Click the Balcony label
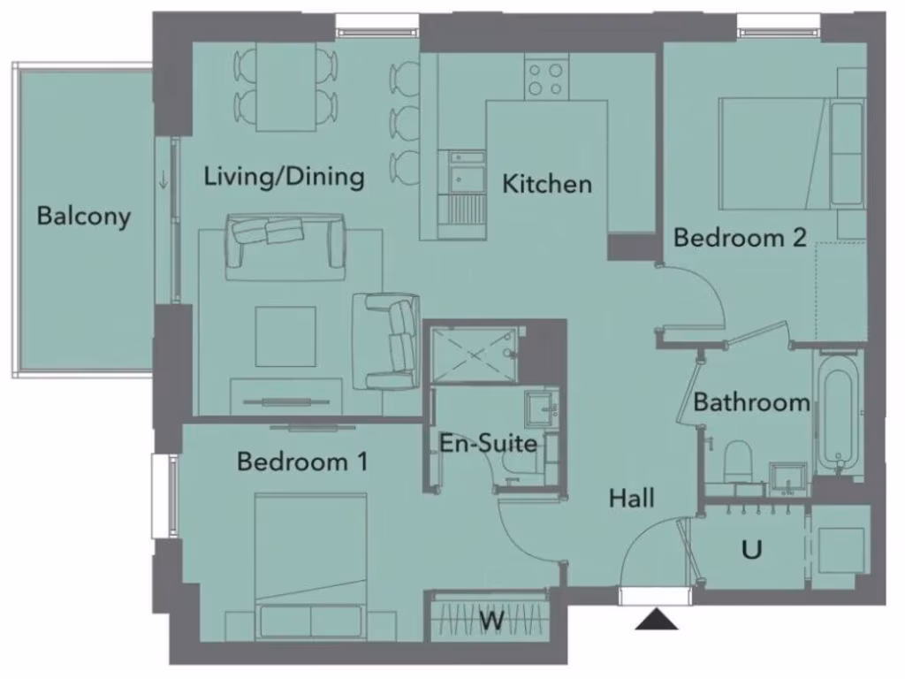tap(84, 216)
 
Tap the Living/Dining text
tap(284, 176)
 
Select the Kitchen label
tap(547, 184)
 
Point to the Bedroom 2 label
tap(740, 237)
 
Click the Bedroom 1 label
tap(302, 462)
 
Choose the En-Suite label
tap(489, 442)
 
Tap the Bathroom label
tap(751, 403)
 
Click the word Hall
tap(632, 499)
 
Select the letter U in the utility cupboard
tap(751, 550)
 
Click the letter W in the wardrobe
tap(492, 621)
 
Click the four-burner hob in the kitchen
tap(546, 78)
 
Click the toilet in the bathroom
tap(736, 462)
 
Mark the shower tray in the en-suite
tap(474, 355)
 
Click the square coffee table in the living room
tap(285, 336)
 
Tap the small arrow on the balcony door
tap(164, 179)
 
